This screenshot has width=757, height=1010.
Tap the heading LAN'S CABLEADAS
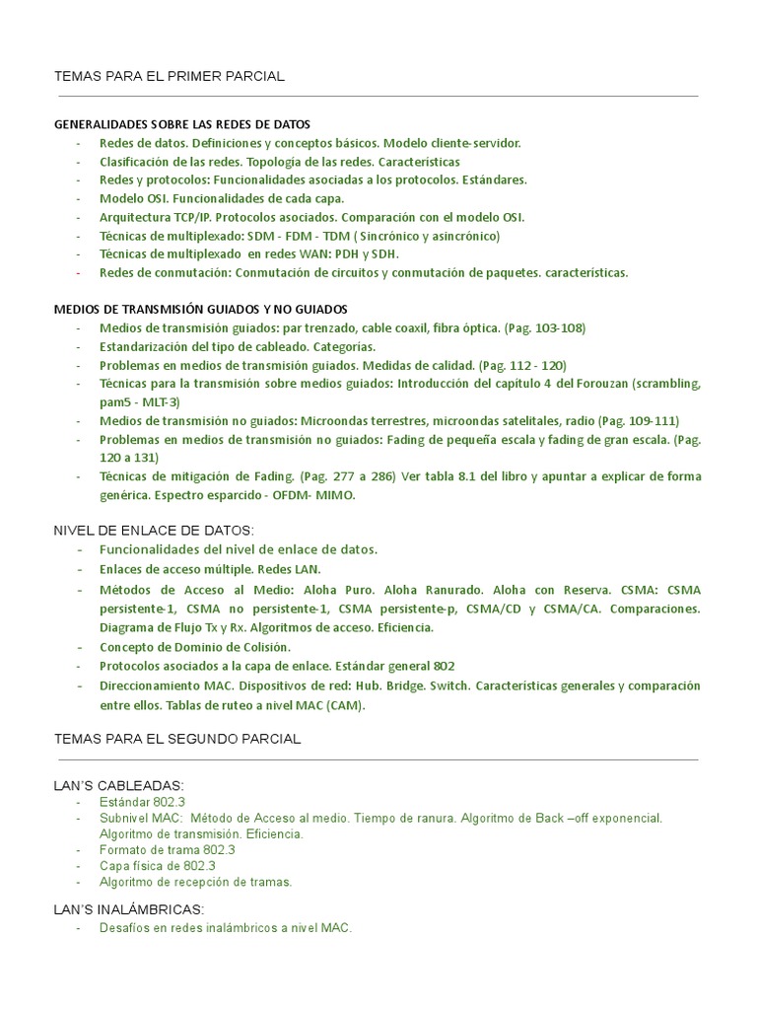(x=118, y=785)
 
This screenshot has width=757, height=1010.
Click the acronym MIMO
(x=333, y=495)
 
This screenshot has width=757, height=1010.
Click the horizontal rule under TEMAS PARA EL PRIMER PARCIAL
(x=378, y=97)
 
